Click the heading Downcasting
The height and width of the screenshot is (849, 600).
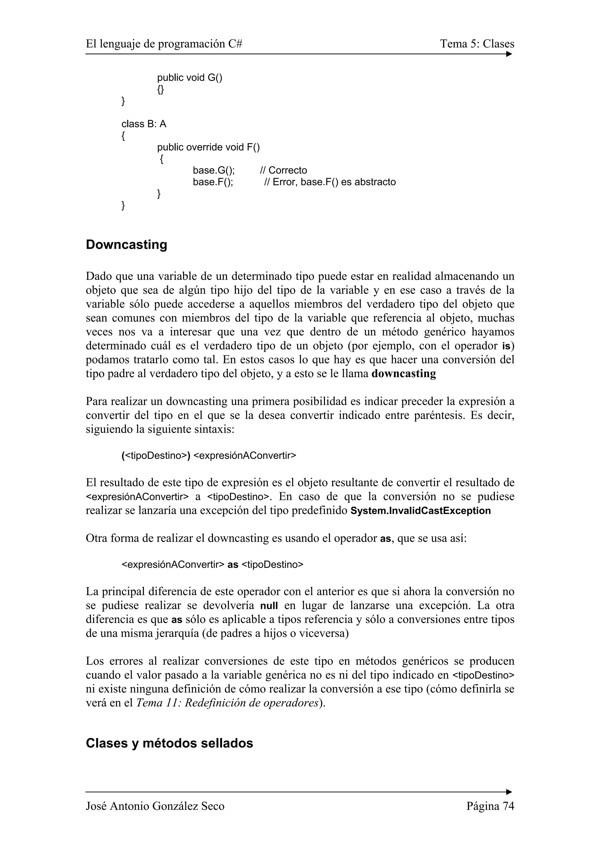click(x=127, y=245)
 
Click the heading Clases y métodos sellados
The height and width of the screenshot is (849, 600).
click(x=169, y=743)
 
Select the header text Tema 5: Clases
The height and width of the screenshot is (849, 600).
click(x=477, y=44)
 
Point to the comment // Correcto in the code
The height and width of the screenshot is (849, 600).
click(x=284, y=171)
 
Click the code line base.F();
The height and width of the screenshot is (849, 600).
click(x=213, y=182)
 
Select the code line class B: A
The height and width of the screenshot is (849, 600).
click(x=144, y=124)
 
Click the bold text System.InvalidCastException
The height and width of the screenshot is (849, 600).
click(x=420, y=511)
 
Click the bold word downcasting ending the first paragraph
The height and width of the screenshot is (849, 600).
click(x=403, y=374)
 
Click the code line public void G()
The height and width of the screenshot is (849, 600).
click(x=190, y=78)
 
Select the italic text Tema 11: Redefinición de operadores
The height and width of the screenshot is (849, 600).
click(x=227, y=703)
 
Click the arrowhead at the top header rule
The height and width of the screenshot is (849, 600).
click(x=509, y=54)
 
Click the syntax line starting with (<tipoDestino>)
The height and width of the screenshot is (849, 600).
click(x=209, y=456)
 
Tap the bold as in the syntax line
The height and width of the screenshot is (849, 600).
click(x=233, y=565)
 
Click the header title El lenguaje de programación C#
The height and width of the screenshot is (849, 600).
click(x=164, y=44)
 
